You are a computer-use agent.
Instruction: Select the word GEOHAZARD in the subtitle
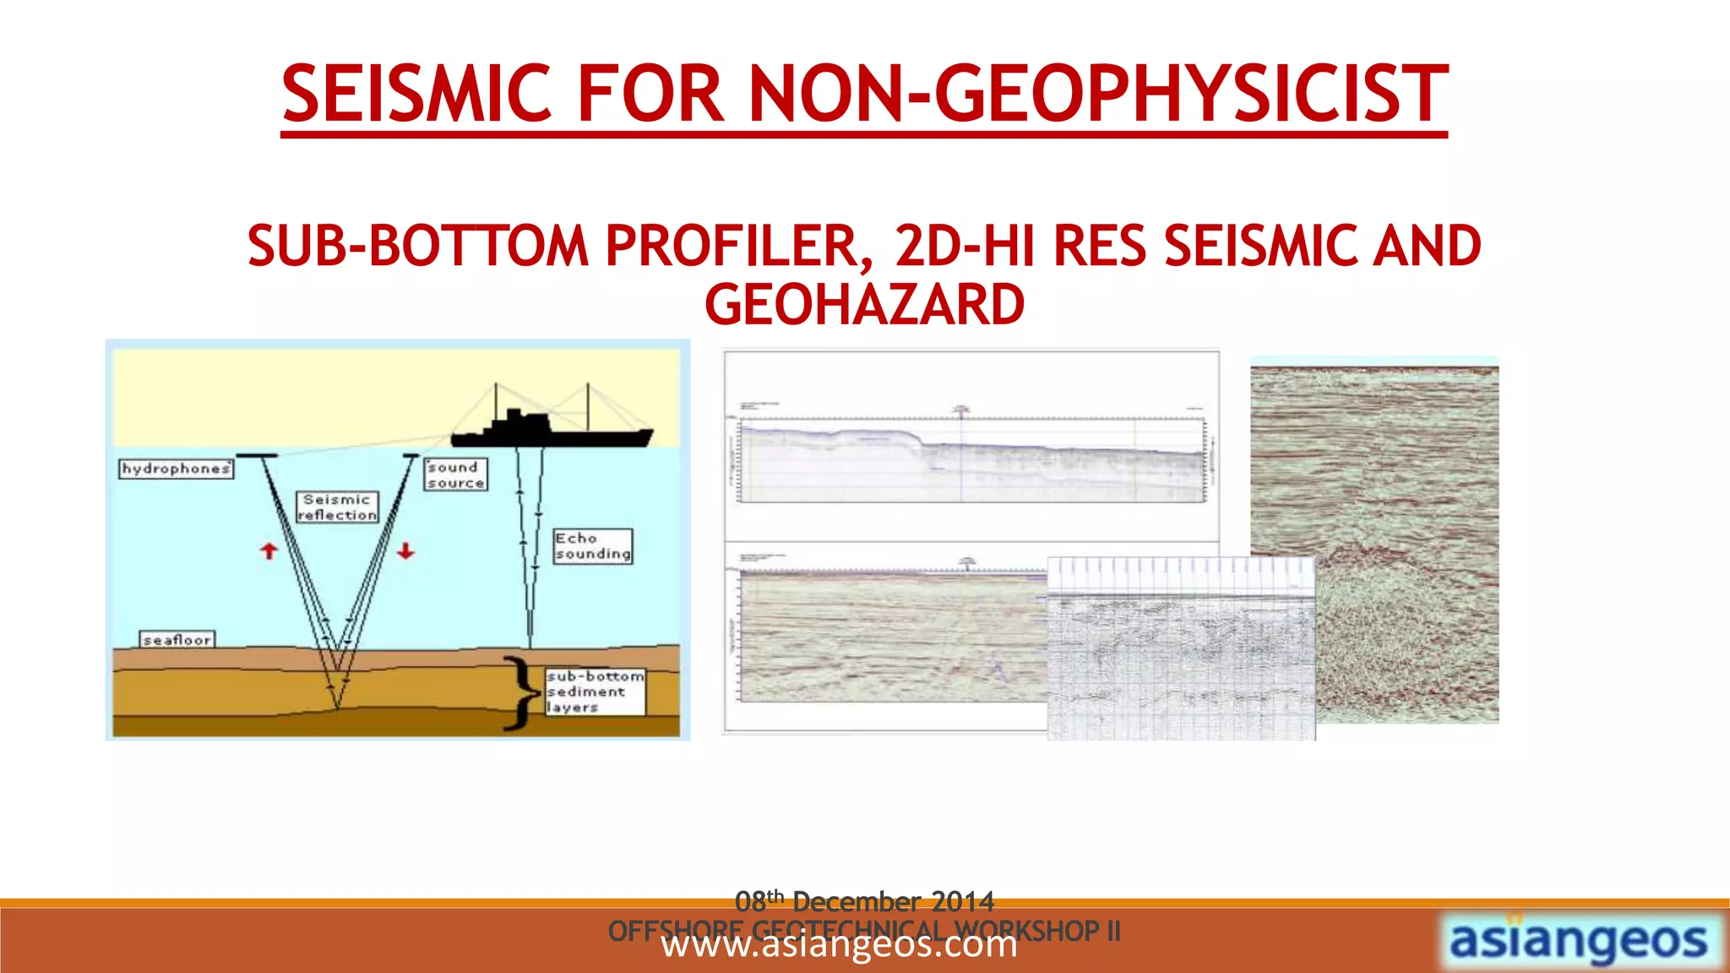click(864, 305)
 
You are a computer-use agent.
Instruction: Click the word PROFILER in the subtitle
click(732, 247)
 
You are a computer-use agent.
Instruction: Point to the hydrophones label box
click(176, 469)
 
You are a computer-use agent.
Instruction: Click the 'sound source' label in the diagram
click(455, 475)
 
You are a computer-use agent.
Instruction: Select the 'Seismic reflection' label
click(337, 508)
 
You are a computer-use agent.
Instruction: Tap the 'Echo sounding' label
click(592, 546)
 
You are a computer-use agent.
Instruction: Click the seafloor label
click(177, 640)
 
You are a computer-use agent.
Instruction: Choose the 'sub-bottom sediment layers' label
click(595, 692)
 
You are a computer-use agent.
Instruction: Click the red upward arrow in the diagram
click(269, 552)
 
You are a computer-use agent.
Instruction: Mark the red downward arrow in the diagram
click(406, 551)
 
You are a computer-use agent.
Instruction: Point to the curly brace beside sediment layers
click(522, 693)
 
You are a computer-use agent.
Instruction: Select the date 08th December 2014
click(864, 901)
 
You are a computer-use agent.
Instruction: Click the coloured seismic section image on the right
click(1402, 473)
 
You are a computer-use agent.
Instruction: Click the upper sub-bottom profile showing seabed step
click(971, 460)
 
